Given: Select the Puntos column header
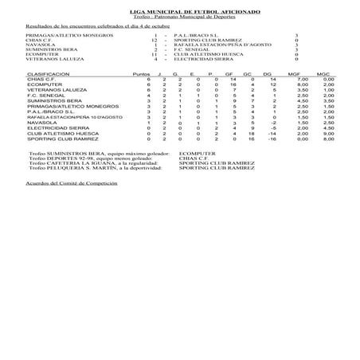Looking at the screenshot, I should click(x=140, y=72).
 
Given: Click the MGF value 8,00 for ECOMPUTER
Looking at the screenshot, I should click(x=303, y=84).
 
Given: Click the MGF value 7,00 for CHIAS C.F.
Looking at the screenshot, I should click(x=303, y=79).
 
